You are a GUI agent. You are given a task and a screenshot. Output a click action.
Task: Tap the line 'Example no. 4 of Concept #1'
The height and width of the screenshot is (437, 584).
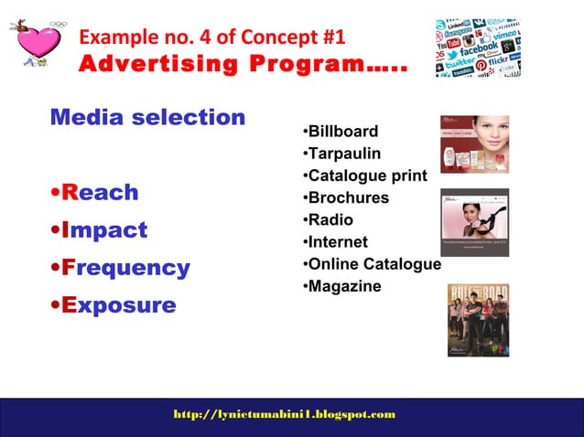pyautogui.click(x=213, y=37)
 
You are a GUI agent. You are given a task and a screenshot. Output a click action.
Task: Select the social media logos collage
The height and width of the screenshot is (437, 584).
pyautogui.click(x=477, y=47)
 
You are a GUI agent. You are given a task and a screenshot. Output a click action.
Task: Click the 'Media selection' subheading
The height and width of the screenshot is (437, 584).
pyautogui.click(x=147, y=118)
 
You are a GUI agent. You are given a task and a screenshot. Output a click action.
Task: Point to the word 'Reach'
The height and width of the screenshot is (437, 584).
pyautogui.click(x=96, y=193)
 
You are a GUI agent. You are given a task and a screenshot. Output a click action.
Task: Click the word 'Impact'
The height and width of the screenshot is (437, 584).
pyautogui.click(x=101, y=230)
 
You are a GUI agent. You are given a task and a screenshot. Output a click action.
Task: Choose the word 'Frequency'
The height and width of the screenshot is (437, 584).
pyautogui.click(x=122, y=268)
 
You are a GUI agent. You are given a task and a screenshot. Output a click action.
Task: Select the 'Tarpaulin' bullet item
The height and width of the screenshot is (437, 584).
pyautogui.click(x=343, y=155)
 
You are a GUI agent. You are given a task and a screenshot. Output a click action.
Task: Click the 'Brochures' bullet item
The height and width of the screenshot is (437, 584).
pyautogui.click(x=347, y=198)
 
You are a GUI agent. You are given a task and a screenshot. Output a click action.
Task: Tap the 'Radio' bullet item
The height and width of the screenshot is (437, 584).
pyautogui.click(x=330, y=220)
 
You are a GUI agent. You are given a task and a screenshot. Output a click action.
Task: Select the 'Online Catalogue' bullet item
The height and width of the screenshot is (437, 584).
pyautogui.click(x=373, y=264)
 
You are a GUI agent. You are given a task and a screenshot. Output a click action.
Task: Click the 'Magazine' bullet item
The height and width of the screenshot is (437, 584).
pyautogui.click(x=343, y=287)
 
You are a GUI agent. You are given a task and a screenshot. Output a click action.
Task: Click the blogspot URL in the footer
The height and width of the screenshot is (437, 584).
pyautogui.click(x=285, y=414)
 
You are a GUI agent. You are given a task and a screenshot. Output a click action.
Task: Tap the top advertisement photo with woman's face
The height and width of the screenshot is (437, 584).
pyautogui.click(x=474, y=144)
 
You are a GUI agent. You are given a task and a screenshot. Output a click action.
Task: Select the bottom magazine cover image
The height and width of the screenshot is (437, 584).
pyautogui.click(x=477, y=320)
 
